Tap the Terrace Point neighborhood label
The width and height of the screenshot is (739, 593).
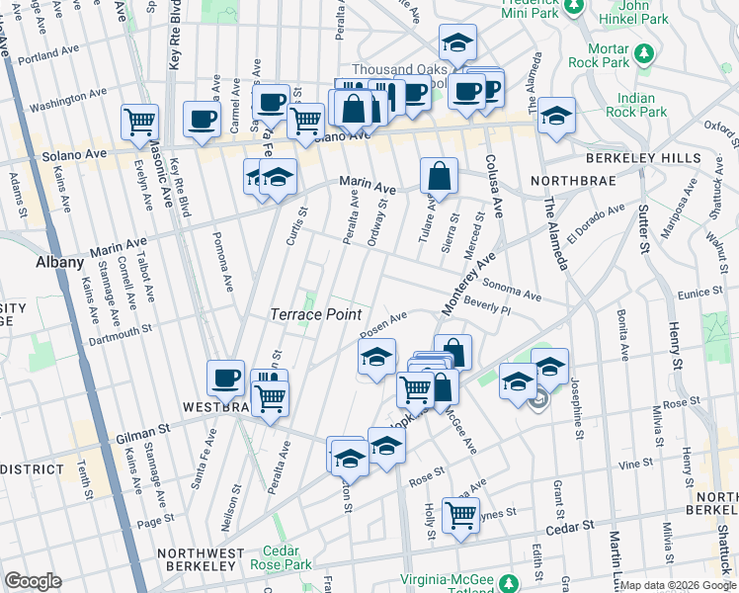(x=314, y=313)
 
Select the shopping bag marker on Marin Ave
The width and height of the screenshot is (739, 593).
(x=439, y=177)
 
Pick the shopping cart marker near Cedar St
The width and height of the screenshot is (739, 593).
(x=460, y=514)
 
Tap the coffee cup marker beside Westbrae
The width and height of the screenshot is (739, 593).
(x=225, y=378)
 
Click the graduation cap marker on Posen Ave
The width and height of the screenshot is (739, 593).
(x=376, y=357)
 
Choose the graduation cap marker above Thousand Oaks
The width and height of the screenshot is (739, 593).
(x=457, y=42)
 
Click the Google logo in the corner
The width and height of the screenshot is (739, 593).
(x=33, y=581)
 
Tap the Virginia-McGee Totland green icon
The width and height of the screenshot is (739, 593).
(x=508, y=581)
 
